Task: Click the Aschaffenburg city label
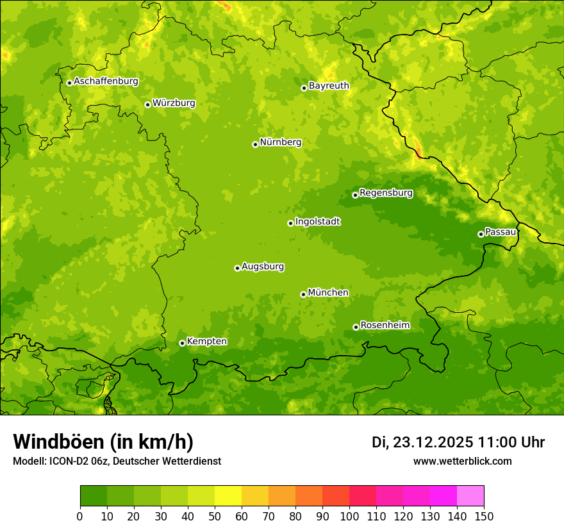click(x=106, y=81)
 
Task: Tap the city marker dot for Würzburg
click(x=147, y=104)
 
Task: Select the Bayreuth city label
click(x=329, y=86)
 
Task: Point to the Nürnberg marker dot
click(x=255, y=144)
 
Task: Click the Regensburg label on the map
click(x=386, y=193)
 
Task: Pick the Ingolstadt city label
click(x=317, y=222)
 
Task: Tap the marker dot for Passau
click(x=481, y=234)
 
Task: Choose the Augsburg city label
click(x=263, y=267)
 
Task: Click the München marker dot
click(x=303, y=294)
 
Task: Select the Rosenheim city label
click(x=385, y=326)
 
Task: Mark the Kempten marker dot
click(x=182, y=343)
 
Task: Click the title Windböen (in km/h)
click(x=103, y=442)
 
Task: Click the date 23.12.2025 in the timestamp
click(x=433, y=442)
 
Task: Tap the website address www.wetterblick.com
click(x=462, y=461)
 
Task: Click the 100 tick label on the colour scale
click(x=349, y=515)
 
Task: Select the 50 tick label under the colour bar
click(x=215, y=515)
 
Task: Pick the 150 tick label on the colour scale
click(x=484, y=515)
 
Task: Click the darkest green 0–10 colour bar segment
click(x=94, y=495)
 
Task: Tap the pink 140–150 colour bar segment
click(x=470, y=495)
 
